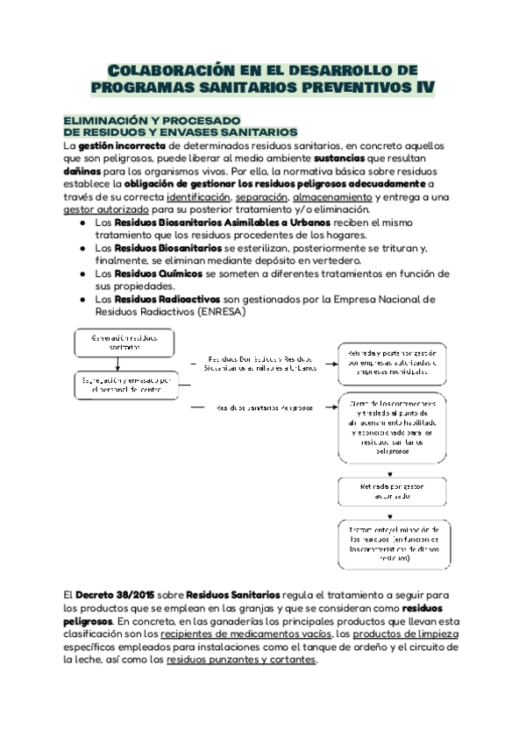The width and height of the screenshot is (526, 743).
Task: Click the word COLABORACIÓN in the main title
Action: (x=167, y=69)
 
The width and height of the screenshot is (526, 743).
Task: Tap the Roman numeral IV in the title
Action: (x=420, y=88)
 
